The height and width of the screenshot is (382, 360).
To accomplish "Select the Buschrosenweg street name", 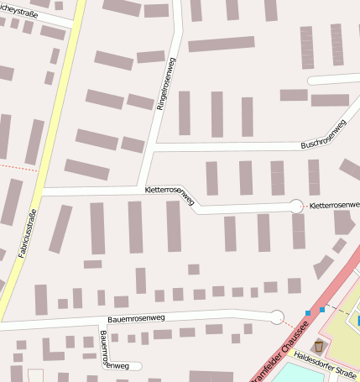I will click(323, 135).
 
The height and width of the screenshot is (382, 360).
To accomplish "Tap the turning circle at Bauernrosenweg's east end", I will click(276, 317).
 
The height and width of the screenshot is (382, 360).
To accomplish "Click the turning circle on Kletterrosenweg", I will click(296, 205).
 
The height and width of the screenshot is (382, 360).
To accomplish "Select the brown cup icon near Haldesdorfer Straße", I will click(318, 346).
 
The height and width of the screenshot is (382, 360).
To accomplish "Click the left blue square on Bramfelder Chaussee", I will click(309, 312).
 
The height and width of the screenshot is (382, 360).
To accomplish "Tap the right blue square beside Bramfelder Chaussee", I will click(322, 310).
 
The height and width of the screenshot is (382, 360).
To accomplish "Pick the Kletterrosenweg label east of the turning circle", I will click(333, 206).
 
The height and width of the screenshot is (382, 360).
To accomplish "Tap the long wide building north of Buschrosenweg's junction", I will click(221, 44).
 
